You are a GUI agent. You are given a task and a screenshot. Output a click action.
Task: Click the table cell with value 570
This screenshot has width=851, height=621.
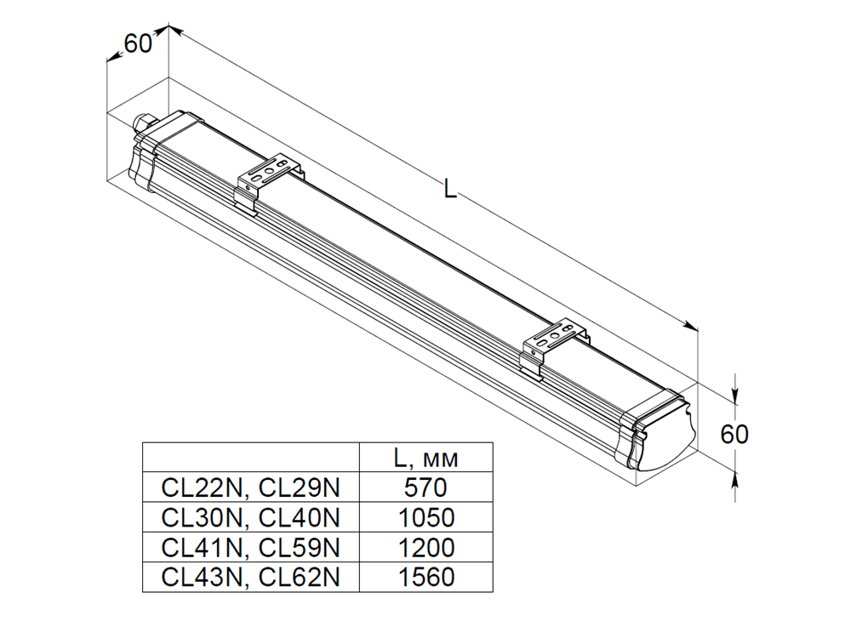click(426, 487)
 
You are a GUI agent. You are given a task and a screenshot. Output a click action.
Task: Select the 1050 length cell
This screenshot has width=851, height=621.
click(426, 517)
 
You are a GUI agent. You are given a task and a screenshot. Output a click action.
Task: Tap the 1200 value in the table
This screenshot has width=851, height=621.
click(426, 547)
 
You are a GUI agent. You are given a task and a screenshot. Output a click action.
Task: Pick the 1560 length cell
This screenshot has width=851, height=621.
click(426, 577)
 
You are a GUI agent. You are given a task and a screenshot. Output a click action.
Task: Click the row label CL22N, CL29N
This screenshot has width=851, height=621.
click(250, 487)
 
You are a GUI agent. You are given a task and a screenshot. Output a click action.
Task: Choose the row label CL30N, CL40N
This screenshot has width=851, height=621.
click(250, 517)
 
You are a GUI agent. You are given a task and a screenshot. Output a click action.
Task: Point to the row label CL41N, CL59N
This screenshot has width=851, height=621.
click(250, 547)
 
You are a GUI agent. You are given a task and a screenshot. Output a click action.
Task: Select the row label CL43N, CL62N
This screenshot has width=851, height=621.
click(250, 577)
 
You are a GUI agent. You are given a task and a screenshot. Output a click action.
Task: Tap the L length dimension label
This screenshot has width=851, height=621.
click(450, 190)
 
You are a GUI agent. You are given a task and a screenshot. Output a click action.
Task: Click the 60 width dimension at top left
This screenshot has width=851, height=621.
click(138, 44)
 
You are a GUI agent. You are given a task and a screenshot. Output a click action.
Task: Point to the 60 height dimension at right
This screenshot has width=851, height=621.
click(734, 435)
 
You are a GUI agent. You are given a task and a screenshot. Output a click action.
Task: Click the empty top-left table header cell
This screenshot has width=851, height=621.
click(251, 458)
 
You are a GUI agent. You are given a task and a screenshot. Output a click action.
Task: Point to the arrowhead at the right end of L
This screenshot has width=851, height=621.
click(691, 326)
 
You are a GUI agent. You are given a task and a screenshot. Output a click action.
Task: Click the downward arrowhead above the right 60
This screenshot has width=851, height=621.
click(735, 397)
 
